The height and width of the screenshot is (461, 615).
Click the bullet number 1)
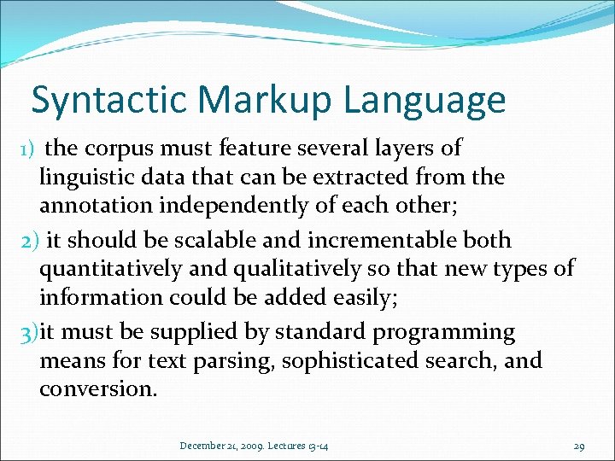click(26, 149)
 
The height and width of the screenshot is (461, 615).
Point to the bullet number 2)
click(30, 241)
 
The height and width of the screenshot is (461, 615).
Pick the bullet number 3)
click(30, 331)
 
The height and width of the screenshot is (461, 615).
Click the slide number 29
click(578, 446)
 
